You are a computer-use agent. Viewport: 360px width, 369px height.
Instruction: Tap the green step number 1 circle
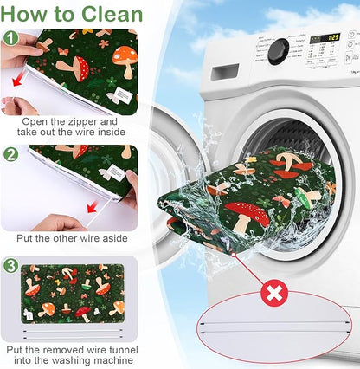point(10,38)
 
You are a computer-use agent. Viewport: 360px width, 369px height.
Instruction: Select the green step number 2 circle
point(10,155)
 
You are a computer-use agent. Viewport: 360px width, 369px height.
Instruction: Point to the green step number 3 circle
point(10,266)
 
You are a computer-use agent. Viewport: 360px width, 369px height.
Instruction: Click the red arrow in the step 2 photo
point(93,207)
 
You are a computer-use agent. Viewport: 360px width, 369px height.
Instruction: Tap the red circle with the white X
point(273,293)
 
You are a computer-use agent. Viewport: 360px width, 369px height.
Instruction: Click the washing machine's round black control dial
point(278,52)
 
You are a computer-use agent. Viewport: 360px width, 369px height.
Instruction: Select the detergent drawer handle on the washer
point(225,72)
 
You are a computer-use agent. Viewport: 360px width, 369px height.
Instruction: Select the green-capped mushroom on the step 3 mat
point(85,285)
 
